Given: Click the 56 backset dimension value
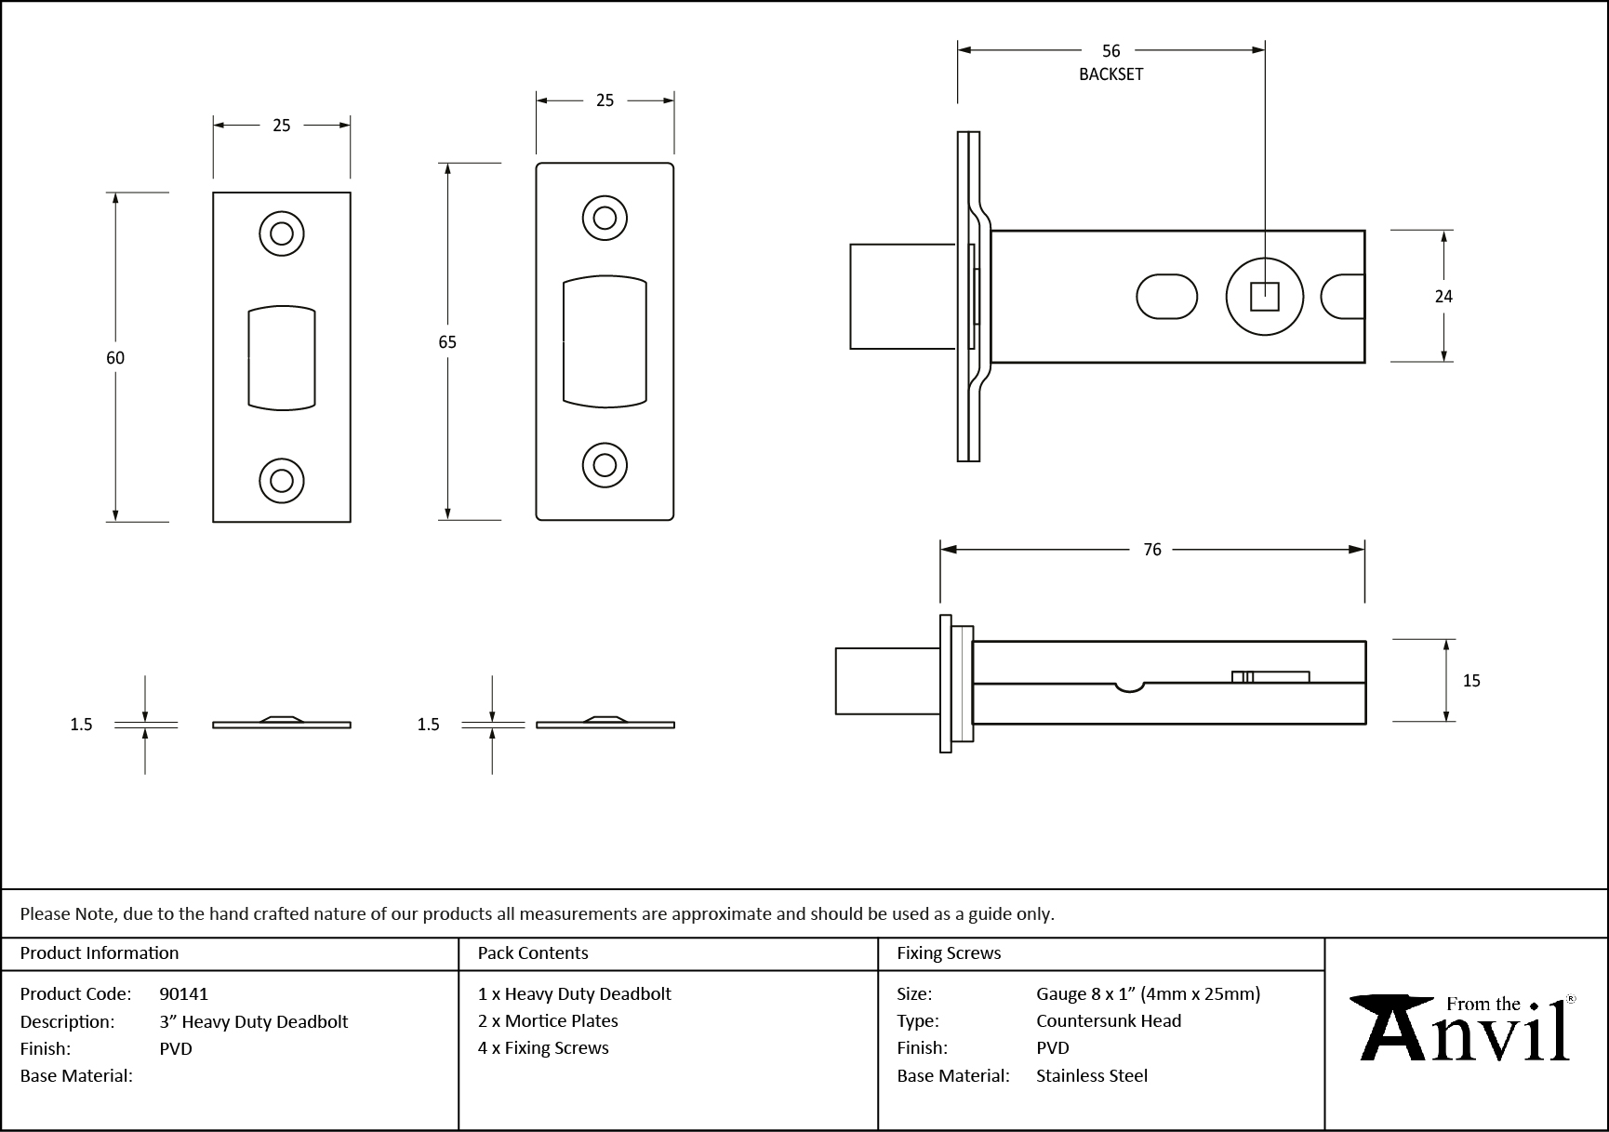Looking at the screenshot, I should point(1110,51).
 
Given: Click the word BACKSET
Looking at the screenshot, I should point(1110,74).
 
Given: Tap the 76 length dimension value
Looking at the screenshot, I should point(1152,550).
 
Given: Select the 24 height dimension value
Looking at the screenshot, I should point(1443,297).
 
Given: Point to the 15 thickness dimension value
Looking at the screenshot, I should point(1471,681).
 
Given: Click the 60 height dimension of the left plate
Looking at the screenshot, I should point(115,358).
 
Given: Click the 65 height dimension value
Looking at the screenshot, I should point(447,342).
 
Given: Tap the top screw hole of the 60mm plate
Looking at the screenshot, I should point(282,233).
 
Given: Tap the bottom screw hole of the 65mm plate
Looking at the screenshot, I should point(605,465).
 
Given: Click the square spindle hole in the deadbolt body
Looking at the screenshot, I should point(1264,297).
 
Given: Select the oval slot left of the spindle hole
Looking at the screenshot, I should point(1166,297).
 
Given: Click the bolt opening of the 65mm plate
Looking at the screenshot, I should point(605,341).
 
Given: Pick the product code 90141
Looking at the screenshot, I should point(184,993).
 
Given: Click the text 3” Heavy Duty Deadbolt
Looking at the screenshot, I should point(254,1021).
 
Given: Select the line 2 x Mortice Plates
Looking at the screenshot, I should point(548,1020).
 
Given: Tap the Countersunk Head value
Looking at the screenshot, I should point(1109,1020).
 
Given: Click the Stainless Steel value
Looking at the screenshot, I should point(1092,1075).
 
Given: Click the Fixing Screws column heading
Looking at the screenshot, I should point(949,953).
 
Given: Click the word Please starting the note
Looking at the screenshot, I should point(45,913).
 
